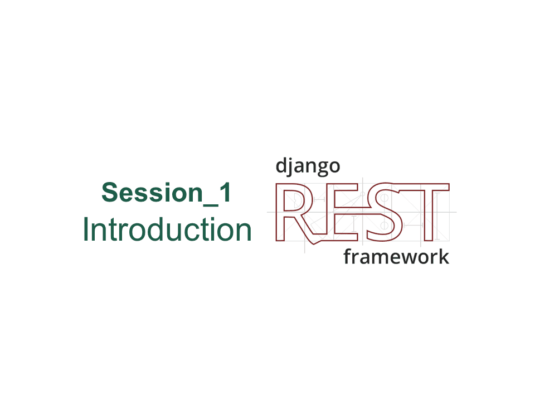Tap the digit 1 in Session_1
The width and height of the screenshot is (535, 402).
coord(225,193)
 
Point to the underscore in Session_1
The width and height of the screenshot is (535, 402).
coord(211,205)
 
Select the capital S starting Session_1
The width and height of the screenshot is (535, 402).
coord(110,193)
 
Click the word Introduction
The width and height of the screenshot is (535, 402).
coord(167,229)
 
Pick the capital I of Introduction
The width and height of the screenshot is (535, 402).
coord(86,229)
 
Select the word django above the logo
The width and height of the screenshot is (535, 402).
coord(308,166)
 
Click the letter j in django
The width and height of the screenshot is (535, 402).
coord(290,167)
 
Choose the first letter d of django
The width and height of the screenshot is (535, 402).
coord(280,166)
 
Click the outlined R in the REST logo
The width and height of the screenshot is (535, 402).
coord(284,212)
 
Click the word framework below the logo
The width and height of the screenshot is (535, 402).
coord(396,257)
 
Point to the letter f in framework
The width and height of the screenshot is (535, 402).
coord(348,257)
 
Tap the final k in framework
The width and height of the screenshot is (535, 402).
coord(444,256)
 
